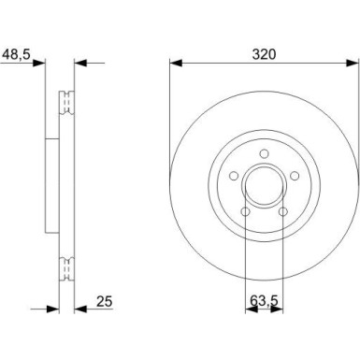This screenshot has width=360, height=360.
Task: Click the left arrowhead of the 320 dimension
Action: [x=174, y=64]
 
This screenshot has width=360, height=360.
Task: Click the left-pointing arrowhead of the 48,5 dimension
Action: [x=80, y=64]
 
